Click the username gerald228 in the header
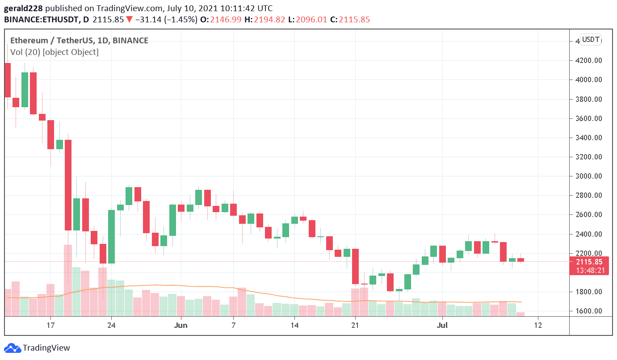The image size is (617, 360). pyautogui.click(x=24, y=8)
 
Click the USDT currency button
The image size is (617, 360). pyautogui.click(x=591, y=39)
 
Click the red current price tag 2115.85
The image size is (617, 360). pyautogui.click(x=589, y=262)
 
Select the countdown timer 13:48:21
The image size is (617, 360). pyautogui.click(x=589, y=270)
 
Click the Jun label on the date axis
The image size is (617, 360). pyautogui.click(x=180, y=325)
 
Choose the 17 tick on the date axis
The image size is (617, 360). pyautogui.click(x=50, y=325)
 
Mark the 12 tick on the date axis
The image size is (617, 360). pyautogui.click(x=538, y=325)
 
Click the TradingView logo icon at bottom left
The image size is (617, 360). pyautogui.click(x=12, y=348)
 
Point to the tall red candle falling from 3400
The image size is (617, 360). pyautogui.click(x=68, y=185)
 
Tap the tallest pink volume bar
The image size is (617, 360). pyautogui.click(x=68, y=280)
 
